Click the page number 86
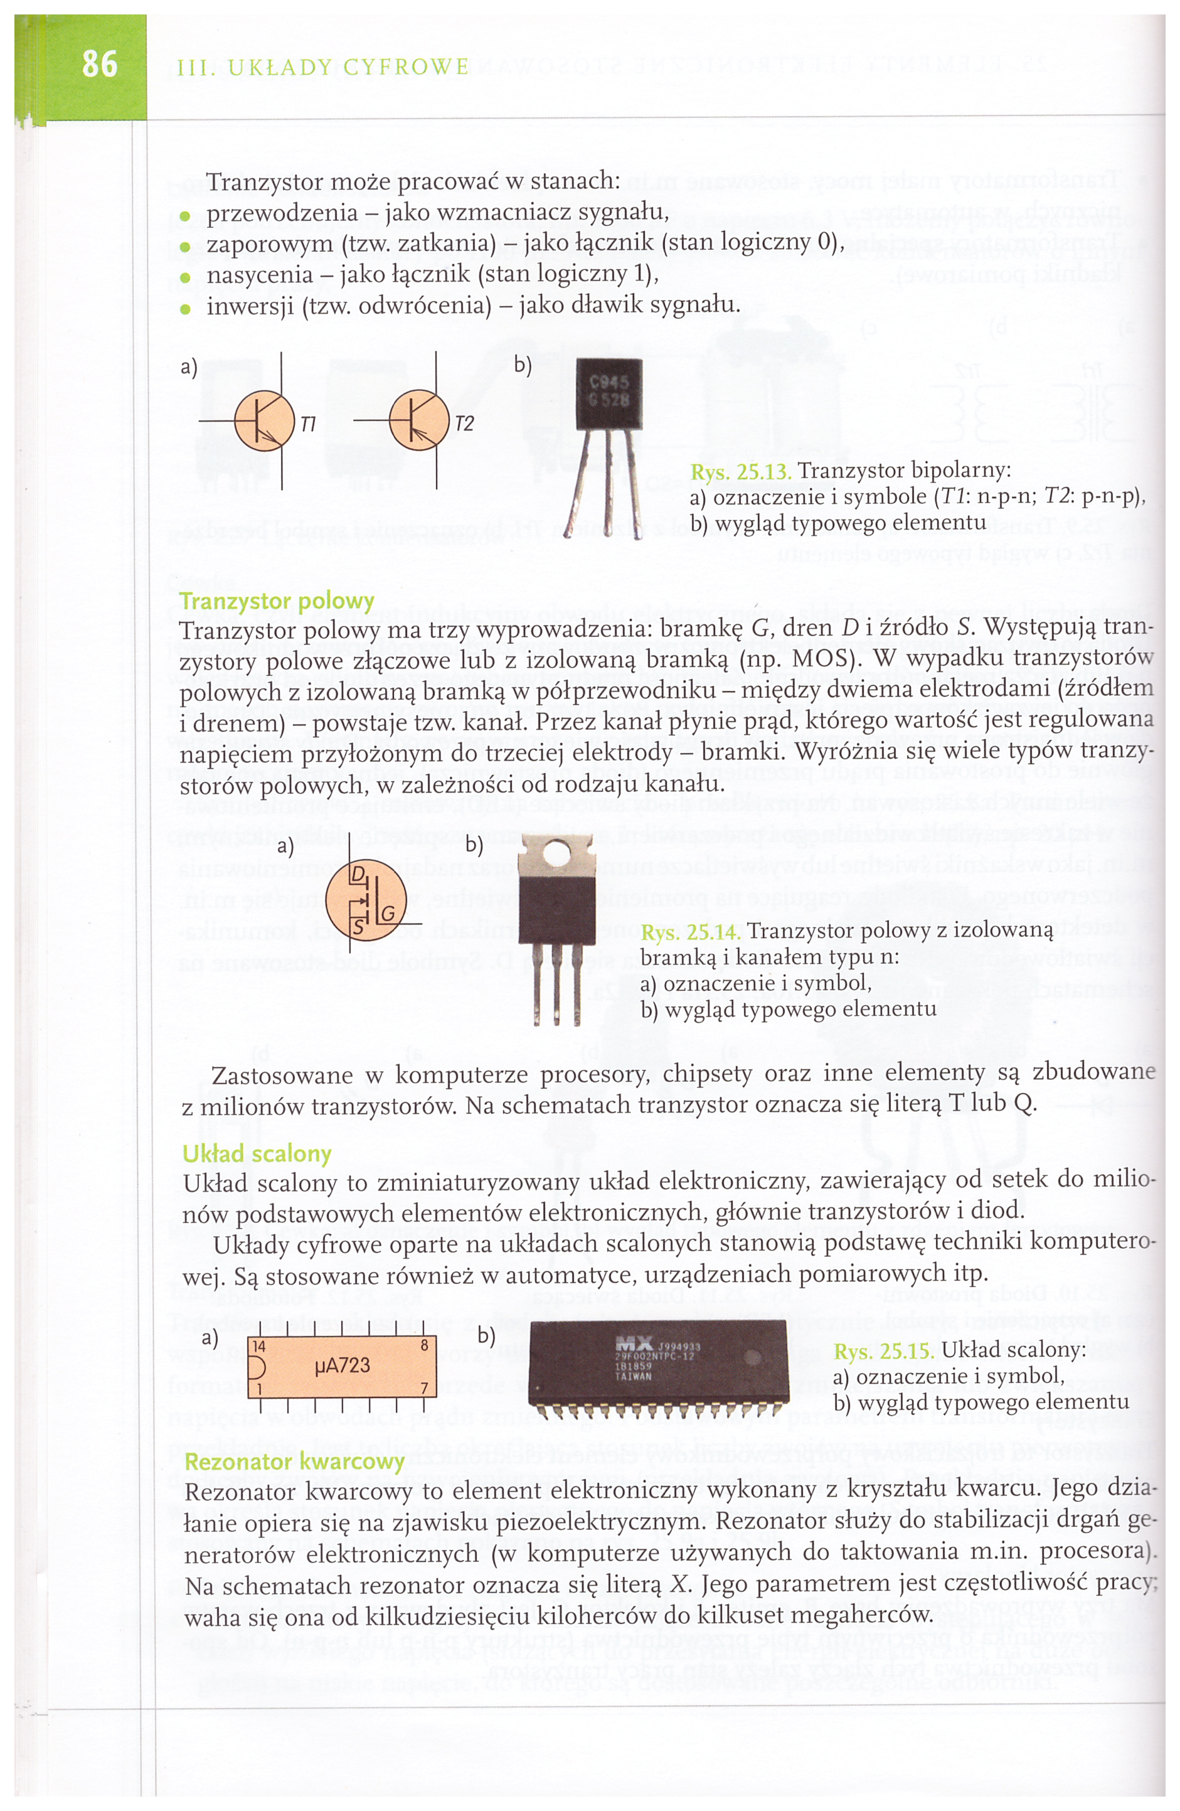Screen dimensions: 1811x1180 (100, 64)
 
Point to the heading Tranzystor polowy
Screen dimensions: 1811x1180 (277, 601)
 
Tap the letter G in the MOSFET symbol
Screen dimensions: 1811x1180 (388, 913)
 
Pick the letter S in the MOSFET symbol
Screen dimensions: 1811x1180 (358, 927)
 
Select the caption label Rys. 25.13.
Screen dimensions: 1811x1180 (740, 472)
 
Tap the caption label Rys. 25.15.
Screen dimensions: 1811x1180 (883, 1352)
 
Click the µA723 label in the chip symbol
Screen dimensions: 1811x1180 (343, 1366)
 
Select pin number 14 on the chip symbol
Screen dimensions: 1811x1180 (258, 1347)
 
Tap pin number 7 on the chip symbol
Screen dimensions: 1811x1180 (425, 1388)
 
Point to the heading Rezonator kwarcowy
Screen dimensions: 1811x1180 (294, 1461)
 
